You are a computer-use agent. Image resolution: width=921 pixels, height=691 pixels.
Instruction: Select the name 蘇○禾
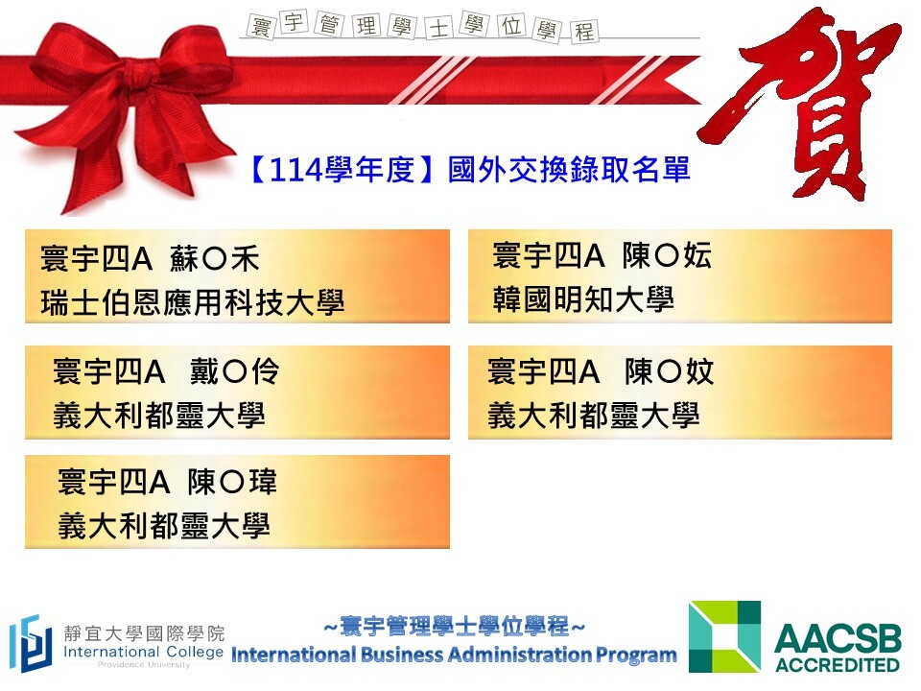point(214,259)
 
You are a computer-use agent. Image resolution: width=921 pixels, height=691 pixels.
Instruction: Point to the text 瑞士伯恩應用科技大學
point(193,302)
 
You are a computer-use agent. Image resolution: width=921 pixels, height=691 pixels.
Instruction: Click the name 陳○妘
point(668,255)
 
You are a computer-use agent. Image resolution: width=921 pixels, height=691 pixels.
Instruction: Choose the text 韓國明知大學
point(583,299)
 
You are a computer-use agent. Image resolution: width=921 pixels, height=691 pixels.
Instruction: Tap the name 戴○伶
point(234,371)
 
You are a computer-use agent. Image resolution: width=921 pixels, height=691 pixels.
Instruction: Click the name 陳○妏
point(669,371)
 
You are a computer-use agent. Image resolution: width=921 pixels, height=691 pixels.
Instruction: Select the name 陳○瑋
point(232,482)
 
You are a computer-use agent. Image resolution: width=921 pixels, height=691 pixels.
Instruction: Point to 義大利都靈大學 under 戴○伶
point(159,415)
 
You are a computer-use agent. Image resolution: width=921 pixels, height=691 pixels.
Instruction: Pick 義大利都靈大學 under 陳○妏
point(594,415)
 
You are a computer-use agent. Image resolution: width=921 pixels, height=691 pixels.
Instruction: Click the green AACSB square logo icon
point(725,636)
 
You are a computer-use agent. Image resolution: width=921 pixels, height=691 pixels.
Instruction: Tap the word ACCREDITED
point(837,664)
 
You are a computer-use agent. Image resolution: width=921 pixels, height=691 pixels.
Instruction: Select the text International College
point(143,652)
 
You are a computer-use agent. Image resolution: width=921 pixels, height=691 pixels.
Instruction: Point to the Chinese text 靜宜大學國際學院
point(145,633)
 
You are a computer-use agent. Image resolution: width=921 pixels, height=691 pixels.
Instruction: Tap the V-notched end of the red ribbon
point(675,80)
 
